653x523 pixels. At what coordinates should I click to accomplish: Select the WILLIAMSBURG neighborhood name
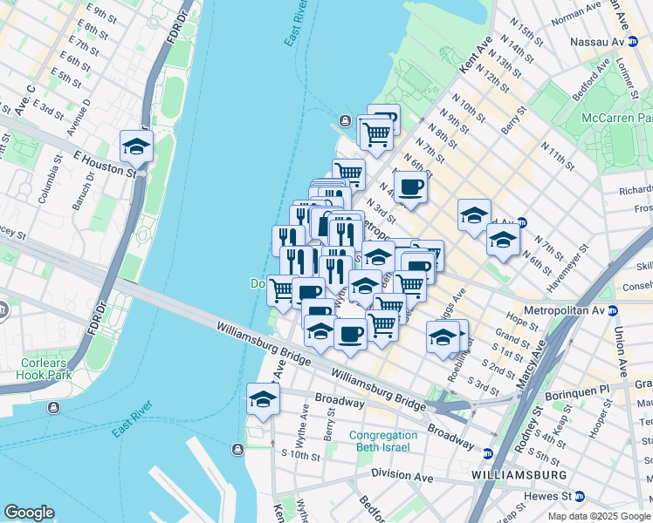coord(518,474)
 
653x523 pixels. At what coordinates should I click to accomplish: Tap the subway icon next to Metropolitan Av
coord(613,310)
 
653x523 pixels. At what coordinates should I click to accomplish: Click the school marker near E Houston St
coord(137,146)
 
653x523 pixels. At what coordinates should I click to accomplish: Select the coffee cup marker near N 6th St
coord(411,186)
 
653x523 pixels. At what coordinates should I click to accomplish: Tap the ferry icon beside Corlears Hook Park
coord(54,407)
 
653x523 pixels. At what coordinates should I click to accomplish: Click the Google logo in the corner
coord(29,513)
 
